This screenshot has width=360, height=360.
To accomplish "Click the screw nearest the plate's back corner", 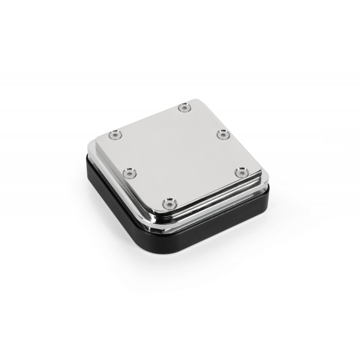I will click(184, 107).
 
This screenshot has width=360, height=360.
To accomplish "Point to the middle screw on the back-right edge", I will click(222, 134).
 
